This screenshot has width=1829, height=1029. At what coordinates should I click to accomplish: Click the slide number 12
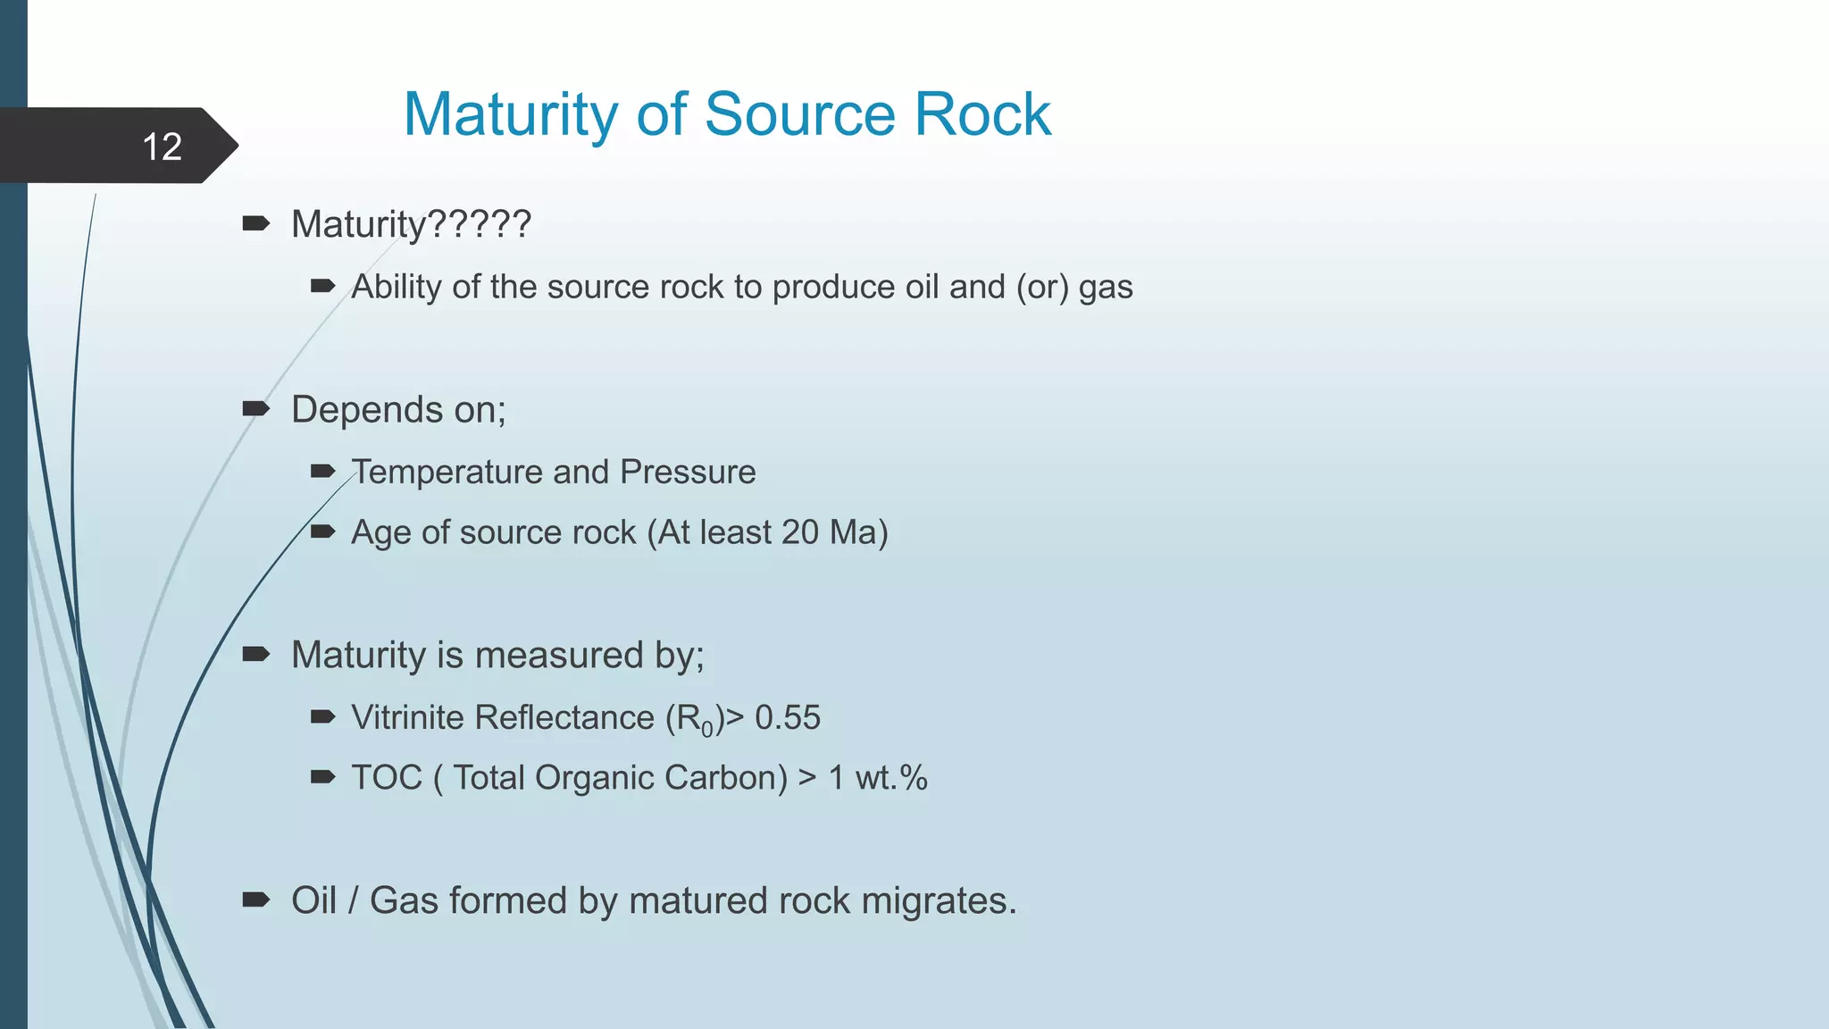click(x=162, y=146)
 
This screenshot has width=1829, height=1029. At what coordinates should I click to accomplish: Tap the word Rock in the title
click(x=982, y=114)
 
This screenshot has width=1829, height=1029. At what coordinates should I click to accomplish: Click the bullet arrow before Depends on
click(x=255, y=409)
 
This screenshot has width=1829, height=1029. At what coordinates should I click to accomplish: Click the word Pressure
click(x=688, y=472)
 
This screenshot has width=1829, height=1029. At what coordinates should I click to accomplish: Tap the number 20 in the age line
click(x=800, y=532)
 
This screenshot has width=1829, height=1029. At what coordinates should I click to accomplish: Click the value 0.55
click(x=788, y=717)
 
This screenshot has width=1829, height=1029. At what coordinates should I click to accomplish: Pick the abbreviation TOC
click(x=387, y=777)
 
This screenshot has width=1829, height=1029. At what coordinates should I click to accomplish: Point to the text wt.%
click(x=891, y=777)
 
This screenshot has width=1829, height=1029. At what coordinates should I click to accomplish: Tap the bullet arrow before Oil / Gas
click(x=255, y=899)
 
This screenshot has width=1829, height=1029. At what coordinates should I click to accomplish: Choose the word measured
click(x=560, y=655)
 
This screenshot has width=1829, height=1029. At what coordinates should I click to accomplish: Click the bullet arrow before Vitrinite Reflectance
click(x=322, y=716)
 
